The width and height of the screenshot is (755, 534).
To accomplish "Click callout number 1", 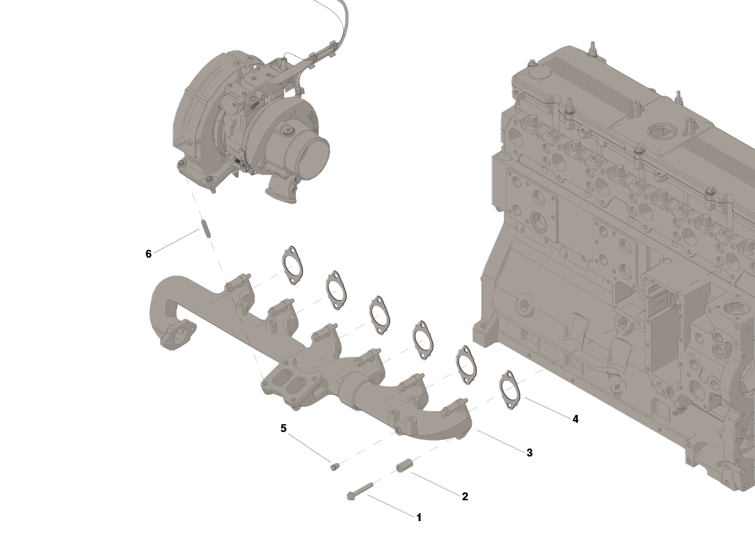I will tap(419, 517).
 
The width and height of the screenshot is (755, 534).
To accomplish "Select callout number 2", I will tap(465, 496).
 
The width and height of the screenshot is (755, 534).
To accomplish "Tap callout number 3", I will tap(529, 453).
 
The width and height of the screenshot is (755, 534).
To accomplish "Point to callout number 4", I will tap(575, 419).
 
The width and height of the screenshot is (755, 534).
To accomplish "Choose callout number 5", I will tap(283, 428).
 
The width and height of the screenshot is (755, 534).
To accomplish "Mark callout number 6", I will tap(149, 254).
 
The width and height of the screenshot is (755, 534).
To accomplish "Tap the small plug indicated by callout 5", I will tap(334, 467).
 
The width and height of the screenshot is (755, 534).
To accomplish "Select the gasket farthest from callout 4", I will tap(291, 263).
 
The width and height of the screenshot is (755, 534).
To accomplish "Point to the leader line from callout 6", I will tap(176, 241).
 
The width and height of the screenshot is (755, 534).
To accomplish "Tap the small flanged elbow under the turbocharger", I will tap(281, 191).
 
